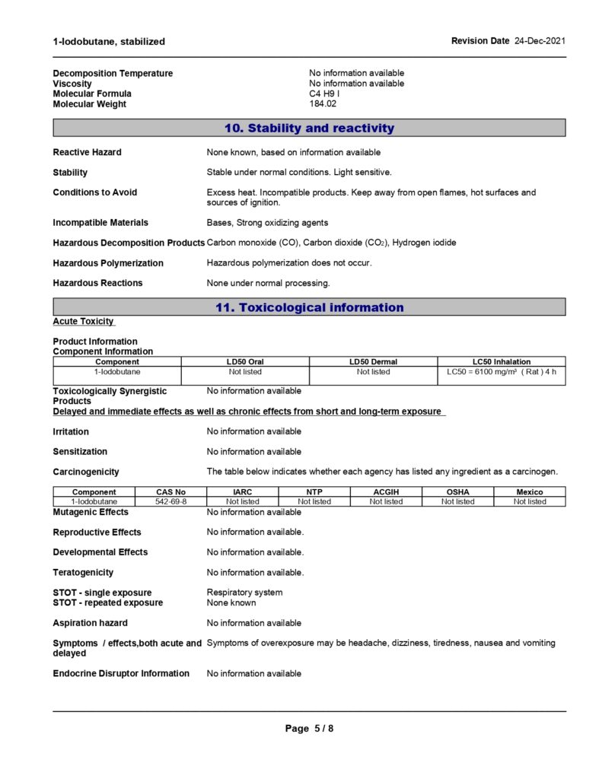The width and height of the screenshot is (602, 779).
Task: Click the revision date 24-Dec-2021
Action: click(540, 41)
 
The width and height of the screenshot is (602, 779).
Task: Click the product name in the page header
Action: click(109, 42)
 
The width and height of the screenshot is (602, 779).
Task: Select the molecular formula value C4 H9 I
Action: click(324, 94)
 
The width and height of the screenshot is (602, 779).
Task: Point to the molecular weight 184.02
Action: click(323, 104)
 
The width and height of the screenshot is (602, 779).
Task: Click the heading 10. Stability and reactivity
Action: click(309, 129)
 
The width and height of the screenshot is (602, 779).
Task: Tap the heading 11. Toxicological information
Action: click(309, 308)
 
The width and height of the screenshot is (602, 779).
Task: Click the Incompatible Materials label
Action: click(100, 223)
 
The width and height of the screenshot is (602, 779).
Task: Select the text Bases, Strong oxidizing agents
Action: click(267, 223)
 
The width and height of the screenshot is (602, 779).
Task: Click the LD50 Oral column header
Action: click(245, 362)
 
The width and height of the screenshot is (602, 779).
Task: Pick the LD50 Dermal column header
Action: click(373, 362)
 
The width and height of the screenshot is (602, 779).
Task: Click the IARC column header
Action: click(243, 492)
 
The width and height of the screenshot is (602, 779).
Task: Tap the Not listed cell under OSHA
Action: click(457, 502)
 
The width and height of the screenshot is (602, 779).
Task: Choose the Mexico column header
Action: click(530, 492)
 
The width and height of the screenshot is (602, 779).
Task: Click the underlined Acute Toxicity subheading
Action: click(84, 322)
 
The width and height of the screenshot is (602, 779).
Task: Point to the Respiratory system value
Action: click(244, 593)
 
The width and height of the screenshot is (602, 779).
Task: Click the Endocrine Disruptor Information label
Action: click(121, 673)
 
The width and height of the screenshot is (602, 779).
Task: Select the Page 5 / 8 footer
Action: click(309, 729)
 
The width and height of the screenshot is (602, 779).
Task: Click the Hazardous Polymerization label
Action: click(108, 263)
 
